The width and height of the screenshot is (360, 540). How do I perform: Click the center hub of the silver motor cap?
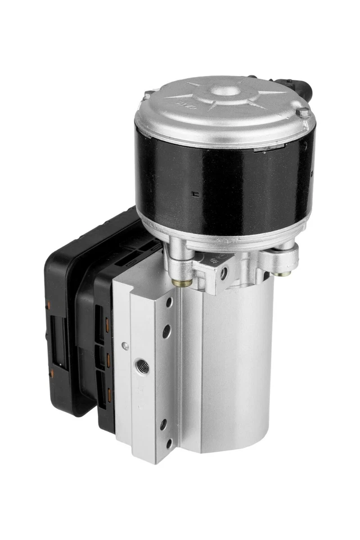[x=227, y=90]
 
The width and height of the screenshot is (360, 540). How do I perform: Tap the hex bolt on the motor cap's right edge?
[x=303, y=113]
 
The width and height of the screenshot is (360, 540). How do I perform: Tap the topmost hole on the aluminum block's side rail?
[x=169, y=303]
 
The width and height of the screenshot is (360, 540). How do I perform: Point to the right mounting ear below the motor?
[x=280, y=258]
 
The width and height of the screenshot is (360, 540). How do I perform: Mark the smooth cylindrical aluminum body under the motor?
[x=236, y=366]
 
